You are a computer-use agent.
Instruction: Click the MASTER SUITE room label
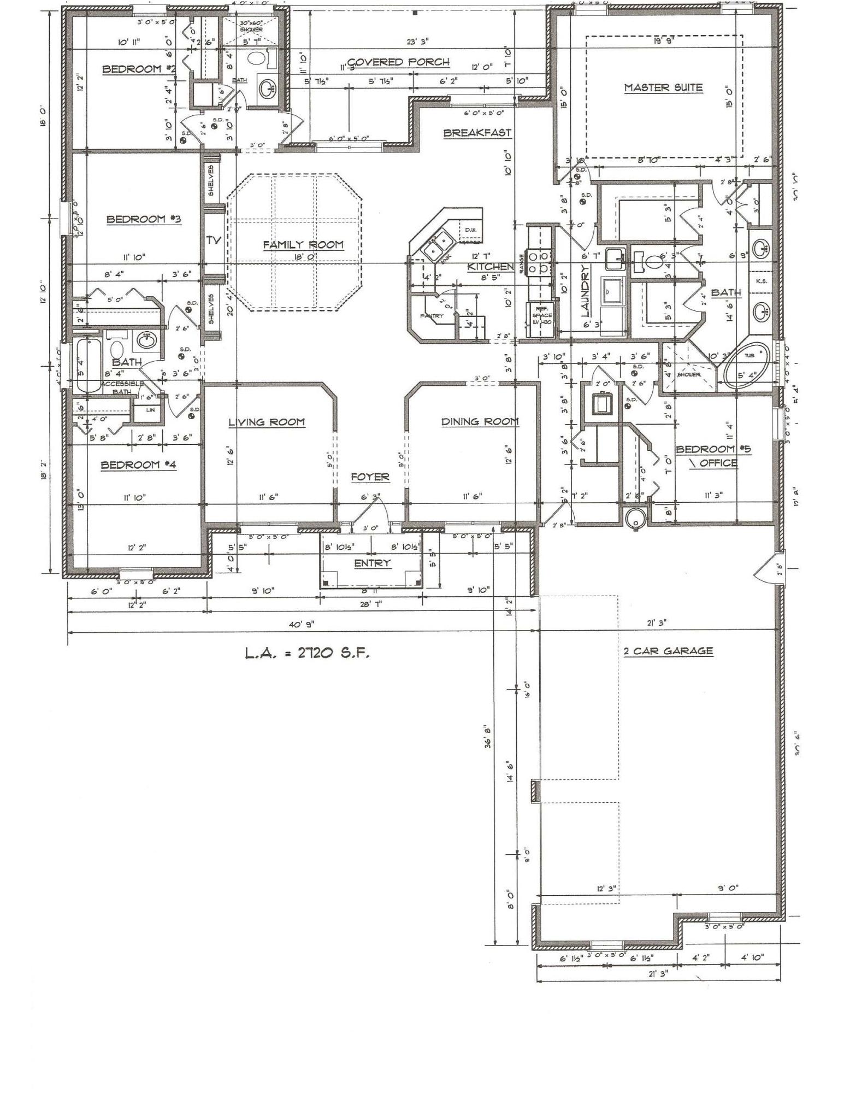coord(663,87)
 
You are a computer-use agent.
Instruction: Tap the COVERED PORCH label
coord(398,62)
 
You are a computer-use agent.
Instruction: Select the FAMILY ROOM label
coord(303,244)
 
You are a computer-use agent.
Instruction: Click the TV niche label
coord(213,239)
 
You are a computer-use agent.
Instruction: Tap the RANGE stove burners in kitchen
coord(538,262)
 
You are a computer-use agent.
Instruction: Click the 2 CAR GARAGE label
coord(668,651)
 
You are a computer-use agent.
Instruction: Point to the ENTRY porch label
coord(372,563)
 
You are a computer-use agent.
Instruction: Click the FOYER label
coord(370,477)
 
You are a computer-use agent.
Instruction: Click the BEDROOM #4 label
coord(138,465)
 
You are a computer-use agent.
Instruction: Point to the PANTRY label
coord(432,316)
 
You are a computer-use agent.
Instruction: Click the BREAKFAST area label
coord(477,132)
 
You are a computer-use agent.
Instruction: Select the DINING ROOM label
coord(480,421)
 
